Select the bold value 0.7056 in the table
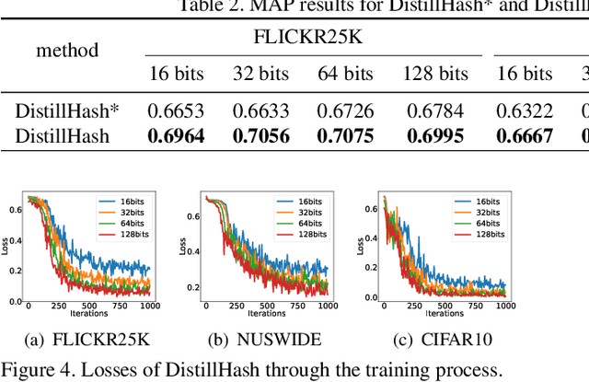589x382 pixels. pos(261,136)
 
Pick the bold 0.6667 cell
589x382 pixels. pos(525,136)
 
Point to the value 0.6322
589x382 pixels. pos(525,112)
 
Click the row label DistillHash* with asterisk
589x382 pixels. pos(67,112)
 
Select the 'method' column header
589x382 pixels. pos(67,50)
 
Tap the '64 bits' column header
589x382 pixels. pos(345,74)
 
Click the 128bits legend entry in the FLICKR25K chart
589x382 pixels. pos(125,236)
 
